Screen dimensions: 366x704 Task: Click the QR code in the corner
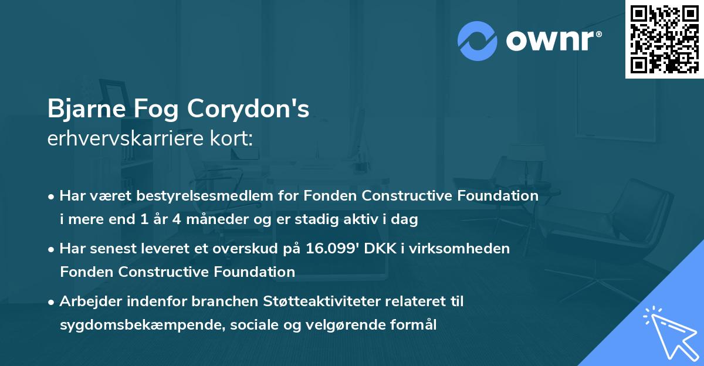[665, 39]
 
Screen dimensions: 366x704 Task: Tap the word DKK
[378, 248]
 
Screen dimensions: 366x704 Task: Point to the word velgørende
[340, 325]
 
